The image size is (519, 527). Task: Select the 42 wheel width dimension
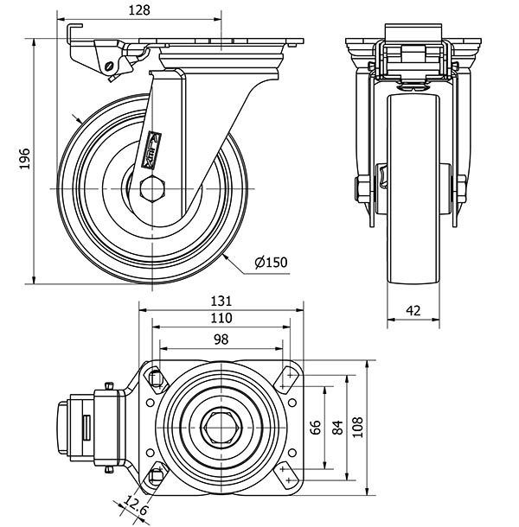[413, 308]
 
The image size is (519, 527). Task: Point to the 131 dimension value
[222, 302]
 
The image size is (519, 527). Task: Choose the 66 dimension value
[317, 426]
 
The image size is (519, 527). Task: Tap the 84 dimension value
[337, 426]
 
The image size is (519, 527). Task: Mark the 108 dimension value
[360, 426]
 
